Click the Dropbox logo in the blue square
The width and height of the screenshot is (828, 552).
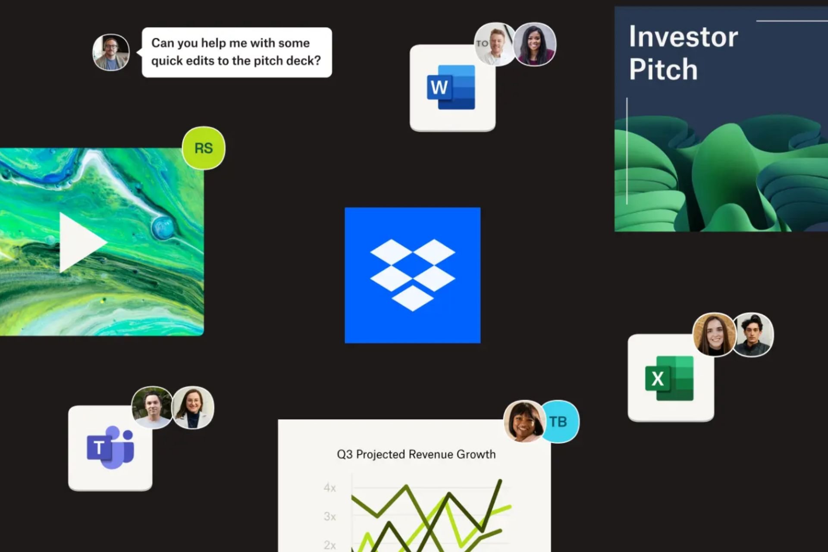coord(412,275)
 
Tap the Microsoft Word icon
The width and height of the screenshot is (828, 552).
coord(451,87)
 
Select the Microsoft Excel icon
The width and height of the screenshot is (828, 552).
coord(669,378)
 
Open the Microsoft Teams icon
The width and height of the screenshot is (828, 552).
coord(110,448)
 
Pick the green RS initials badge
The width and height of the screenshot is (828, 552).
coord(204,148)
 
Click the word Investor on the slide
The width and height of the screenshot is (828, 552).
coord(683,37)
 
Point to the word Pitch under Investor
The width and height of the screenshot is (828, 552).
coord(663,69)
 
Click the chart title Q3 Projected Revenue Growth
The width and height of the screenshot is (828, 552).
coord(416,454)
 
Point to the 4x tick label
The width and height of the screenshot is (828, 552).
coord(330,488)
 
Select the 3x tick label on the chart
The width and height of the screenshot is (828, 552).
coord(330,516)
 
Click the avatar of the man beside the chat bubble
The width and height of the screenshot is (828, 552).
coord(111,52)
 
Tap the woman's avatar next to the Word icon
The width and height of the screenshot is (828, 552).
coord(535,44)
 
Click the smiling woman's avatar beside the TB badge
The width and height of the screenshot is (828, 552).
coord(524,421)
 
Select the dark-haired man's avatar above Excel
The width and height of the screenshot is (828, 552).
coord(753,335)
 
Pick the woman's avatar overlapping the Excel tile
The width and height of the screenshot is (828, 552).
coord(714,335)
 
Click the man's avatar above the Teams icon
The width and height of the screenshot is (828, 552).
coord(152,408)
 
